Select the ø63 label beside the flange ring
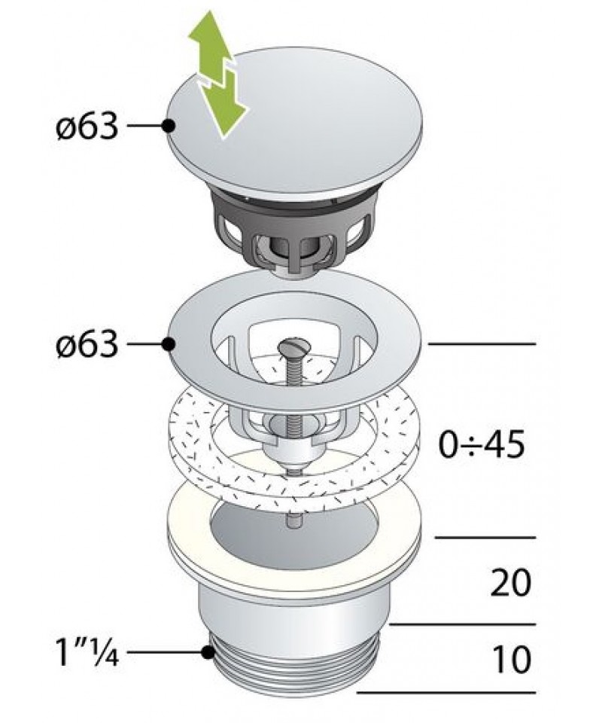pyautogui.click(x=87, y=343)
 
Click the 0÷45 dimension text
pyautogui.click(x=482, y=444)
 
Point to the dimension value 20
pyautogui.click(x=511, y=583)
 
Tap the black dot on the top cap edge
pyautogui.click(x=169, y=125)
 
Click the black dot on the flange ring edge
pyautogui.click(x=169, y=344)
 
